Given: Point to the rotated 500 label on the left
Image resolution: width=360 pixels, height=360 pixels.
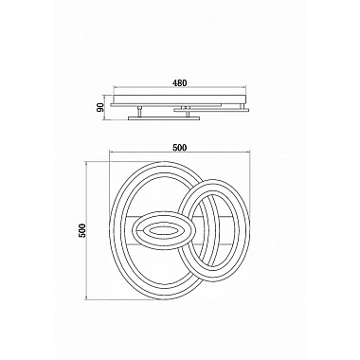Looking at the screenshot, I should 81,230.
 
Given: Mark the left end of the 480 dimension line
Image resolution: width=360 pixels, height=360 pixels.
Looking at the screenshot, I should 113,90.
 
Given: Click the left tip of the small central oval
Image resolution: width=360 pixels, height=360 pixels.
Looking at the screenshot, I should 133,230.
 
